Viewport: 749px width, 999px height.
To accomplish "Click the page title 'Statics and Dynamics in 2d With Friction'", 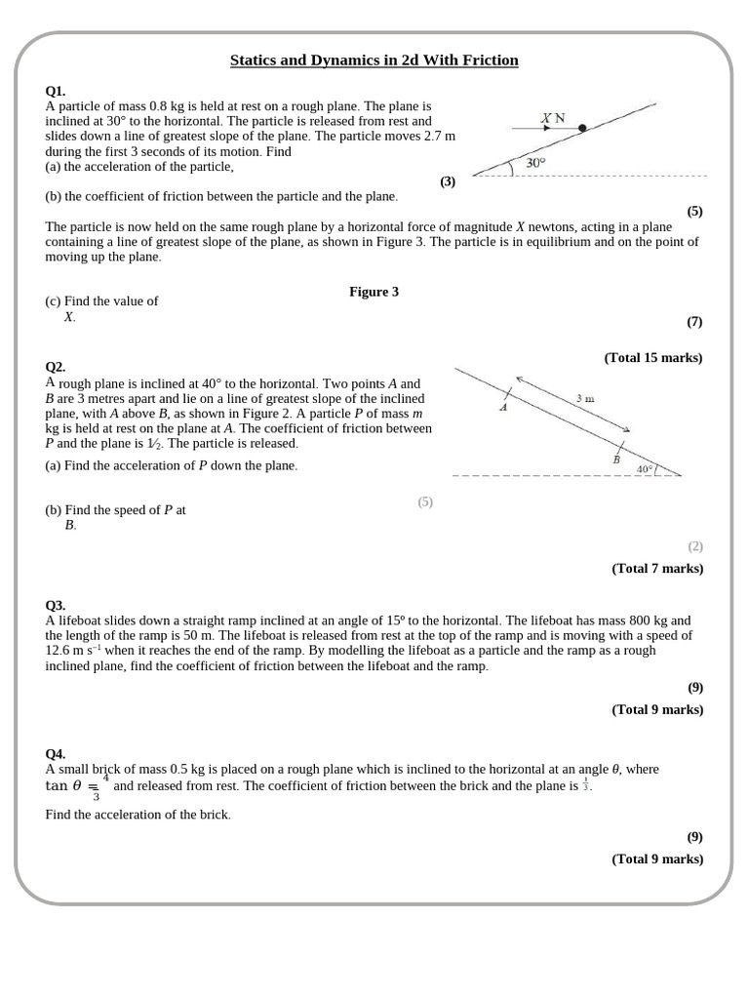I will point(374,60).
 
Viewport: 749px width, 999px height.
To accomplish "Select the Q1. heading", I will point(56,91).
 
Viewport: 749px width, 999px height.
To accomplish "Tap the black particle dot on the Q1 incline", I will point(582,128).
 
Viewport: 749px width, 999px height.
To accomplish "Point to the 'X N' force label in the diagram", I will point(553,118).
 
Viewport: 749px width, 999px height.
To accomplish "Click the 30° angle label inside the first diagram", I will point(535,164).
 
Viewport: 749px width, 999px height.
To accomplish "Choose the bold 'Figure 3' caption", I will point(374,292).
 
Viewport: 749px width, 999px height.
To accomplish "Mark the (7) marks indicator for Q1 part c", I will point(693,321).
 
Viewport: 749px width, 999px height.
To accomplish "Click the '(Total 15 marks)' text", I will point(652,358).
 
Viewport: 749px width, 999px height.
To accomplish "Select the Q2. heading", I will point(56,367).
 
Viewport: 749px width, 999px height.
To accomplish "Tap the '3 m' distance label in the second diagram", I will point(585,398).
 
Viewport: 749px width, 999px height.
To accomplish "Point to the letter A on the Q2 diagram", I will point(503,409).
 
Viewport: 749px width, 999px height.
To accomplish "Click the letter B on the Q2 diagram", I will point(615,459).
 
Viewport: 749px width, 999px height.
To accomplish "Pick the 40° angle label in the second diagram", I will point(644,469).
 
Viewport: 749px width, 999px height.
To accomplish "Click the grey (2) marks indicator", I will point(694,546).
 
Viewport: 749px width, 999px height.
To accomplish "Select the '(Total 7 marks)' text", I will point(656,569).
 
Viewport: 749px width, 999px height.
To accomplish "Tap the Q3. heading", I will point(56,605).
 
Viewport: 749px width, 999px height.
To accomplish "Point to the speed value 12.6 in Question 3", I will point(60,651).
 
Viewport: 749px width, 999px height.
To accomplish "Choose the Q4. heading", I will point(56,754).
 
